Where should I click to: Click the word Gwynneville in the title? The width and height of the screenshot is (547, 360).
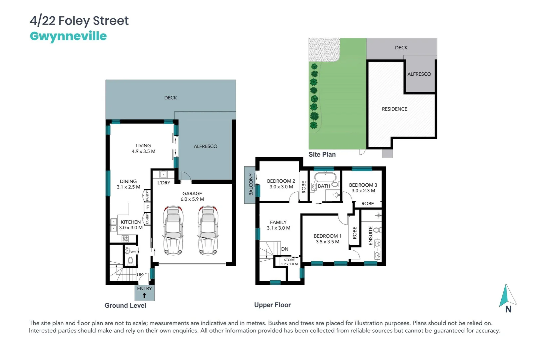[68, 36]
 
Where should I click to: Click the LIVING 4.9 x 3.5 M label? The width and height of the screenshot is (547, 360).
[143, 148]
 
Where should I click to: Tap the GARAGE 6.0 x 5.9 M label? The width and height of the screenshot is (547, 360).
[192, 196]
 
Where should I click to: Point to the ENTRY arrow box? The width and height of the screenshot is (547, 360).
[145, 293]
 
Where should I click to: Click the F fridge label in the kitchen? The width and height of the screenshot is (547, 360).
[148, 207]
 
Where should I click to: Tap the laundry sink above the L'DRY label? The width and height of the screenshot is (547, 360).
[163, 174]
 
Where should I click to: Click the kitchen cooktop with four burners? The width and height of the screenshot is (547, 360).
[125, 239]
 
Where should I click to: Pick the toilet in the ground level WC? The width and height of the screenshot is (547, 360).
[130, 260]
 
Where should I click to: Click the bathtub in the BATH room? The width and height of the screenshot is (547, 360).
[325, 176]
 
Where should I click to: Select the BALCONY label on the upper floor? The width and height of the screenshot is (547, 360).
[251, 185]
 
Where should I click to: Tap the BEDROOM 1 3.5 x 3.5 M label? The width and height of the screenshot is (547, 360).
[327, 239]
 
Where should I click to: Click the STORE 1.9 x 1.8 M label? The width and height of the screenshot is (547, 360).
[289, 262]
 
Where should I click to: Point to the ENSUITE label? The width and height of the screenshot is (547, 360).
[370, 236]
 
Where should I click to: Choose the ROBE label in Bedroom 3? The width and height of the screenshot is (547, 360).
[367, 204]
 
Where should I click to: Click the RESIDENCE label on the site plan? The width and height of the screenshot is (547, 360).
[394, 109]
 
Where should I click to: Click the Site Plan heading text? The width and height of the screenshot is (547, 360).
[322, 154]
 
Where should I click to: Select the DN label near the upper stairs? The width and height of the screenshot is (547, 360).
[285, 249]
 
